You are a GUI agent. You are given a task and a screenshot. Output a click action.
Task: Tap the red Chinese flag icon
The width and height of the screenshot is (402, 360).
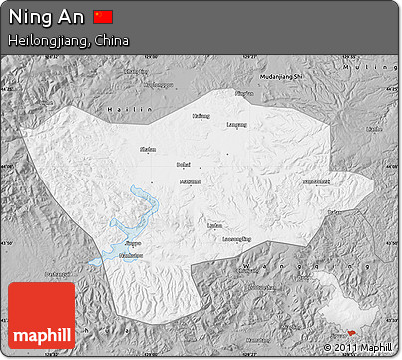(x=103, y=17)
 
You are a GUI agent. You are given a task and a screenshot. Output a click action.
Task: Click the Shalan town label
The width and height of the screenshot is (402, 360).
(x=148, y=149)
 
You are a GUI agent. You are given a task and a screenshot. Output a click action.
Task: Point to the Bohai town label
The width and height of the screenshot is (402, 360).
(x=182, y=163)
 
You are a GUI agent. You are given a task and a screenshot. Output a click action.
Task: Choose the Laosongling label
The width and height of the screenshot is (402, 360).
(x=235, y=239)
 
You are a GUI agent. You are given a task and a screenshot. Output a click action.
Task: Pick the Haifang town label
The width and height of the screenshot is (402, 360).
(x=201, y=116)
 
